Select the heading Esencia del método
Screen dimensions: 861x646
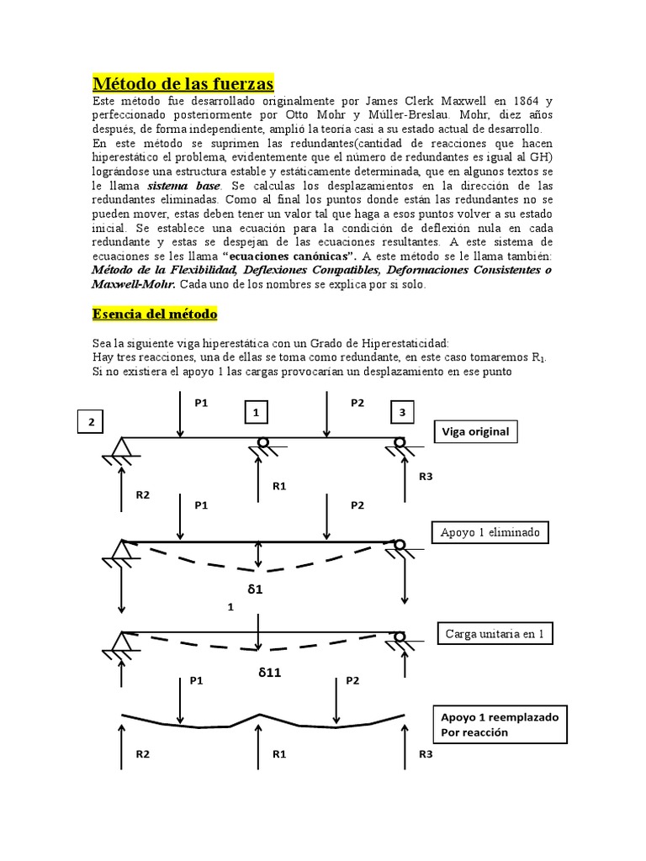coord(154,314)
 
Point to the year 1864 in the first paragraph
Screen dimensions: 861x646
coord(508,102)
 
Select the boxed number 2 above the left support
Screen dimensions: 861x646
coord(89,420)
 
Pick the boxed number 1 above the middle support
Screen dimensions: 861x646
coord(257,412)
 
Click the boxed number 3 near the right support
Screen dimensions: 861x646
coord(402,412)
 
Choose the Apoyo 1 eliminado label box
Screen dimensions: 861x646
coord(490,532)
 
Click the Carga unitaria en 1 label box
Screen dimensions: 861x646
coord(495,634)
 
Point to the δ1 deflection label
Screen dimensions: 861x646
coord(256,589)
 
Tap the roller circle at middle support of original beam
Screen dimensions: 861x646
coord(262,442)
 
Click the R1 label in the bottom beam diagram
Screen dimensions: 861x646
coord(280,755)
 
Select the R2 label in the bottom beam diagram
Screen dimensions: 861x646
coord(143,755)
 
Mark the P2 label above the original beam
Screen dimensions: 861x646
coord(357,403)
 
